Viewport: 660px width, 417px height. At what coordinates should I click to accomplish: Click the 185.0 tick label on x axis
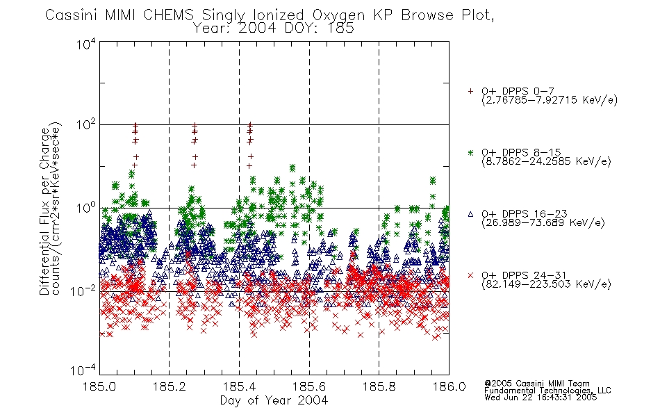point(99,386)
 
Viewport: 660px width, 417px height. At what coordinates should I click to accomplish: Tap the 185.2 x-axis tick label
point(170,386)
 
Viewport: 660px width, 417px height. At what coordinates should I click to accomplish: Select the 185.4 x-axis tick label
point(239,386)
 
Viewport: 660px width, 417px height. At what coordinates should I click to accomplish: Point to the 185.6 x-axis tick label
point(309,386)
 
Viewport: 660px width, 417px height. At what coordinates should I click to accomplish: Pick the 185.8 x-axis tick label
point(379,386)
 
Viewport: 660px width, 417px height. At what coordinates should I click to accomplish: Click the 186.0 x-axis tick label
point(449,386)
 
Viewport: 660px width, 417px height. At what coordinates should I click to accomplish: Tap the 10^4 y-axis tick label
point(86,44)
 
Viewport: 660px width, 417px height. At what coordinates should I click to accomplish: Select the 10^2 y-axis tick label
point(86,125)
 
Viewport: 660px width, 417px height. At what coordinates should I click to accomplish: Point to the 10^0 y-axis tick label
point(86,208)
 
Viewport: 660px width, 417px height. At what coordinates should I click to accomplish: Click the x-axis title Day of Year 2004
point(274,400)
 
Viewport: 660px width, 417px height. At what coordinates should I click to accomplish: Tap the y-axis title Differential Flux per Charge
point(44,211)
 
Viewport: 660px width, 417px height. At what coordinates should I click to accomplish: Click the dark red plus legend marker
point(470,91)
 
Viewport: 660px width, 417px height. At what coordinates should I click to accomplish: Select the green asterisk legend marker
point(470,152)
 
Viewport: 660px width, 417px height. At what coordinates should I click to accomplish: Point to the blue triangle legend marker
point(470,214)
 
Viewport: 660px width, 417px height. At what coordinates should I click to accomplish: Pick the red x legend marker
point(470,275)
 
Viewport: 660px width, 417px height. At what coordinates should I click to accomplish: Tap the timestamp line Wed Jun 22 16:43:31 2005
point(541,398)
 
